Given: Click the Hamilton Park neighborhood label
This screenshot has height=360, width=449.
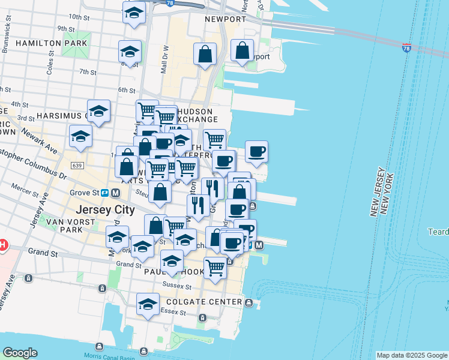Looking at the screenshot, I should point(52,43).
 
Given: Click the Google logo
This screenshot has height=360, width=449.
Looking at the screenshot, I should point(20,353).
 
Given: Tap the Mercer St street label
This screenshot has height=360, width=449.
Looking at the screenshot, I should point(25,194).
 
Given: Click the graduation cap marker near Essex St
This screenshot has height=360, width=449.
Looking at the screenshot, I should point(148,304).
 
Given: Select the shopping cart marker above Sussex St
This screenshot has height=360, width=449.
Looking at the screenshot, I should point(215,267).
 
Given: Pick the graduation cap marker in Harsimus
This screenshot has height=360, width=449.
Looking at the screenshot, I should point(98,111).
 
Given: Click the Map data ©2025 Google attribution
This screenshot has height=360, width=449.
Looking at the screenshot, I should point(412,355).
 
